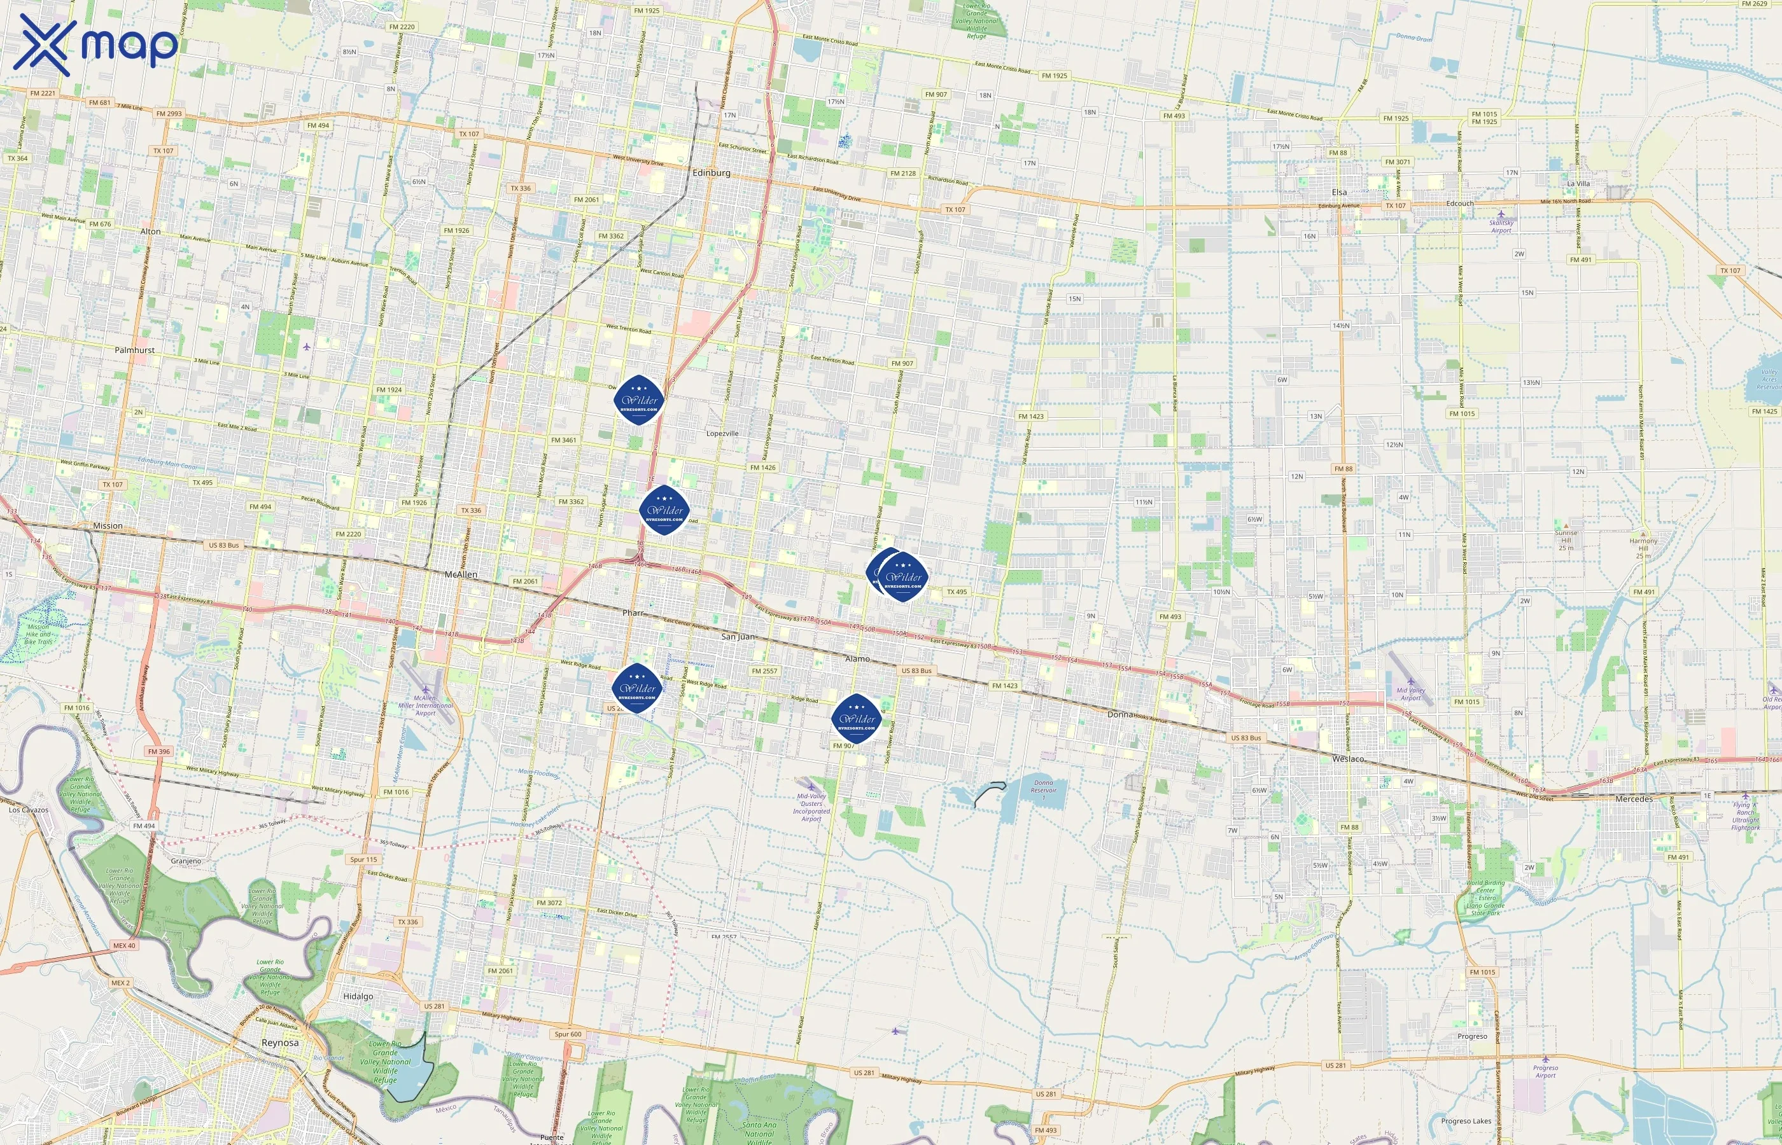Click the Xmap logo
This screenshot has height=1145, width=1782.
point(95,45)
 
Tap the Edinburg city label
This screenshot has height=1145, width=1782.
point(711,172)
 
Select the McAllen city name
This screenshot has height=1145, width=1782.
point(460,575)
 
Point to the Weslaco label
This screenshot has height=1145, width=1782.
point(1348,759)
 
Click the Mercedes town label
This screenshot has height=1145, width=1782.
point(1633,798)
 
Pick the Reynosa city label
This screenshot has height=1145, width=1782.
point(279,1043)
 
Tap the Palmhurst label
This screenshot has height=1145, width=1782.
point(135,350)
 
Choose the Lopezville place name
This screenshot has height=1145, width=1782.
point(722,433)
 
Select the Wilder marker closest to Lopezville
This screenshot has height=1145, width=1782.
point(639,400)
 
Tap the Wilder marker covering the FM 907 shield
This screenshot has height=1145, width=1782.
point(856,718)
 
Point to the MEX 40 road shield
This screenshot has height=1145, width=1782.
point(124,946)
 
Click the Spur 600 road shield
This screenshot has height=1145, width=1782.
point(568,1034)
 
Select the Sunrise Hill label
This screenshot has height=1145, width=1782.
point(1566,537)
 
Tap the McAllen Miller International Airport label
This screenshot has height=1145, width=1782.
point(425,705)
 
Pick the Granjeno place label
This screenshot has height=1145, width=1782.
point(186,861)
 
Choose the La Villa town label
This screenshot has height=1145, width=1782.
point(1578,184)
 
